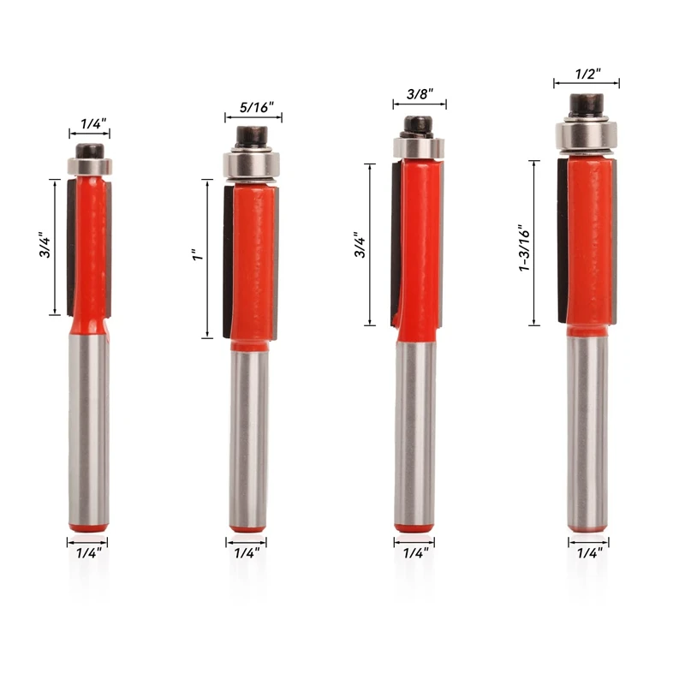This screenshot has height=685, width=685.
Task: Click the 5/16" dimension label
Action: coord(256,107)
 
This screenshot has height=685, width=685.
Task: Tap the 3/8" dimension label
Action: coord(420,94)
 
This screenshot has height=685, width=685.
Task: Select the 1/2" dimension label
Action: coord(587,74)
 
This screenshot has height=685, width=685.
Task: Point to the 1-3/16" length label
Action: coord(524,248)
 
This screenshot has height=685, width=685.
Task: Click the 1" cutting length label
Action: coord(198,255)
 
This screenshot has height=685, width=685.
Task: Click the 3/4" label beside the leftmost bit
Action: coord(45,245)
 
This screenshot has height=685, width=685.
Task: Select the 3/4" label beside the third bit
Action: coord(360,245)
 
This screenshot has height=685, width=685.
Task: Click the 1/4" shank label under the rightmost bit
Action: coord(590,553)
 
